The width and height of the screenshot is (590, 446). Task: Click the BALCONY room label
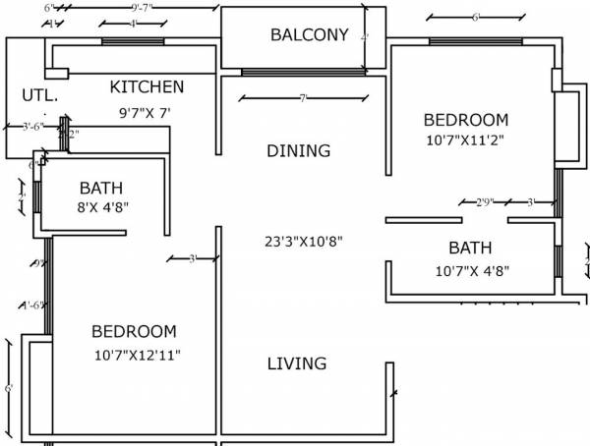pos(309,35)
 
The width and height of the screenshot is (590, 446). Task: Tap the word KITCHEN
pos(147,87)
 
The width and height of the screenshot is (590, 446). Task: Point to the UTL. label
pos(40,96)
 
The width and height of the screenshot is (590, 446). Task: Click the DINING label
pos(298,151)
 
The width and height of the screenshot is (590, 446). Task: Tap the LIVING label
pos(297,363)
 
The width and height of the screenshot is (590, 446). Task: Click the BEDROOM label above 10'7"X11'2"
pos(466,120)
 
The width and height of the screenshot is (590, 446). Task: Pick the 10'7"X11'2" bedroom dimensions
pos(466,140)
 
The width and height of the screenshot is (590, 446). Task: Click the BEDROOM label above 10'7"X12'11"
pos(134,332)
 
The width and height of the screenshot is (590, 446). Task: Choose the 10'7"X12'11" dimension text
pos(138,354)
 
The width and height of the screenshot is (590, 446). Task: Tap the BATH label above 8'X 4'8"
pos(101,188)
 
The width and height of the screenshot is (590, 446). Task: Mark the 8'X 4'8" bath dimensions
pos(104,207)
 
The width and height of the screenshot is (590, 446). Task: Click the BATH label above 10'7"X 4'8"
pos(470,249)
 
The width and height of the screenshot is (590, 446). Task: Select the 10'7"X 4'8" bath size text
pos(472,270)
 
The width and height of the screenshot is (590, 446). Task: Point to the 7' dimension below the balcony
pos(303,97)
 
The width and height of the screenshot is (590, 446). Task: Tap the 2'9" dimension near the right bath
pos(484,202)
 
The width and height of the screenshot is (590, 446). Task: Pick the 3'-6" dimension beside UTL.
pos(32,127)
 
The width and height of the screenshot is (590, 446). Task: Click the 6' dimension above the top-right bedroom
pos(475,17)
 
